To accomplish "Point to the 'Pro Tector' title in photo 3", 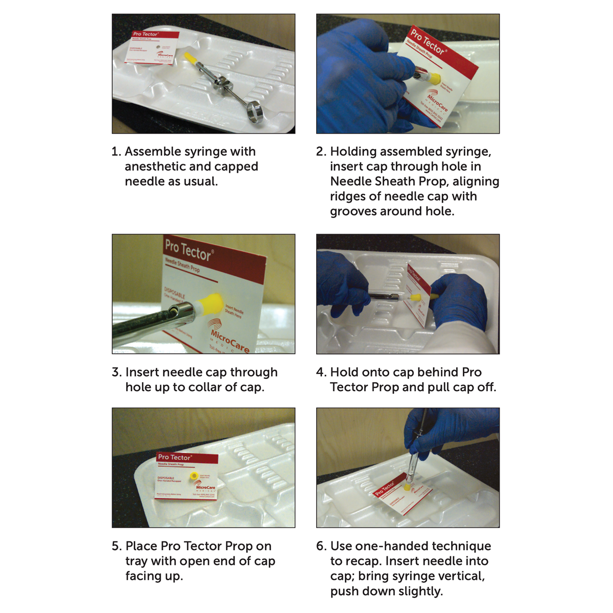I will (188, 250).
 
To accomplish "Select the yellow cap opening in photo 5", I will (194, 476).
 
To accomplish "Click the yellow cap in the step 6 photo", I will (407, 487).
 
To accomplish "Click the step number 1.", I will (116, 152).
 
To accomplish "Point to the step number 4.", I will (321, 372).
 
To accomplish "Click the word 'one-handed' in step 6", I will (367, 546).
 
